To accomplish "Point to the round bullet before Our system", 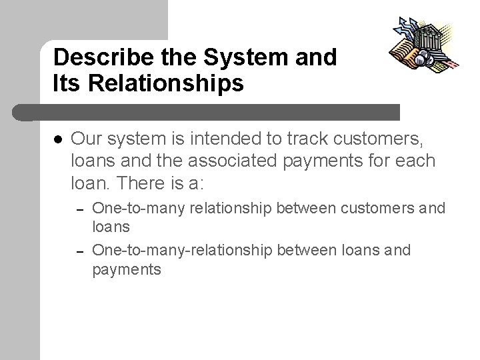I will click(58, 140).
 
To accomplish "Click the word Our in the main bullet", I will click(85, 139).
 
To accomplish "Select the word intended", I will click(219, 139).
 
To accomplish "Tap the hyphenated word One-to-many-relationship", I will click(181, 251).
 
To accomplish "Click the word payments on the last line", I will click(126, 269).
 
